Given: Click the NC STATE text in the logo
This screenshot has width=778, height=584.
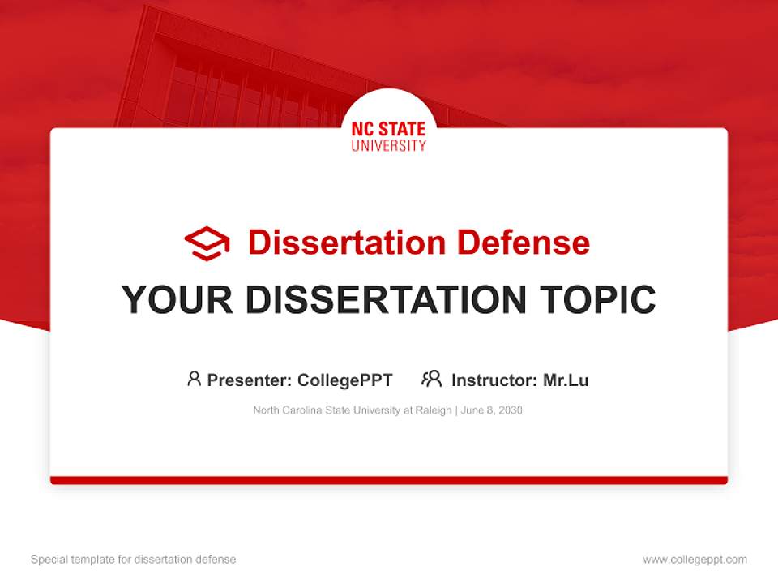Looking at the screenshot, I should tap(388, 130).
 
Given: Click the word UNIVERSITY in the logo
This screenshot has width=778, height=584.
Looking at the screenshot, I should tap(388, 146).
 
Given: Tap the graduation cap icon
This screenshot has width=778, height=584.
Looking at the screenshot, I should tap(207, 243).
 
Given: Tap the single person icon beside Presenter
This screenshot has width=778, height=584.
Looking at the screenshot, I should tap(194, 378).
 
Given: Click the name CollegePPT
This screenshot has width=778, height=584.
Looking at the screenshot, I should tap(344, 380).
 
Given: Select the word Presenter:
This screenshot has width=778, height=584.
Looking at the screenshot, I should tap(249, 380).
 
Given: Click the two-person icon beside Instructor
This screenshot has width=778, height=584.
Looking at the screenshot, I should tap(431, 378).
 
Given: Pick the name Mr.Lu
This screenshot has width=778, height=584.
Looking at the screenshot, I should tap(566, 380).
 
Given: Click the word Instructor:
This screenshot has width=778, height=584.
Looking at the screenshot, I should tap(494, 380).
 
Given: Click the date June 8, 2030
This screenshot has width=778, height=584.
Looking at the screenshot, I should tap(492, 410).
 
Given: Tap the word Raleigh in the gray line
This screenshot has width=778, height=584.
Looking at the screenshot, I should tap(434, 410).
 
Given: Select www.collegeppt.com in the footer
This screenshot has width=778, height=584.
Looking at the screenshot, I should tap(695, 560).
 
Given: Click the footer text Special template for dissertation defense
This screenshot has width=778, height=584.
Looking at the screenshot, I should tap(133, 560).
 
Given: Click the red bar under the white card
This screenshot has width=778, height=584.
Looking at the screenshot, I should tap(388, 480).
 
